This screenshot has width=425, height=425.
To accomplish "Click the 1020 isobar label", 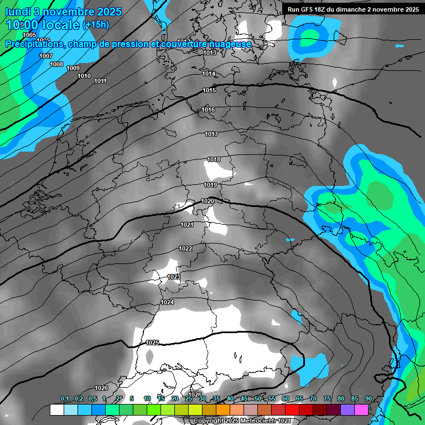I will (208, 201).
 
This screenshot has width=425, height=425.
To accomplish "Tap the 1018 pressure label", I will (214, 160).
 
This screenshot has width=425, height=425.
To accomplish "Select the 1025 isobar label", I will (153, 343).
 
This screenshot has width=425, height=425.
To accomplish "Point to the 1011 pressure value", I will (100, 81).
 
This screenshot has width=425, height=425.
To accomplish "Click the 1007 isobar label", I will (46, 56).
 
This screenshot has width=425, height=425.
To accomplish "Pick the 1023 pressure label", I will (174, 277).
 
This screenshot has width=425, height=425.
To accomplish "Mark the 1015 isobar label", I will (209, 90).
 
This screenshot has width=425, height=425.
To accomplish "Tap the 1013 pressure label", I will (209, 53).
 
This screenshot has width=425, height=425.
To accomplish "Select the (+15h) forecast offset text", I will (96, 25).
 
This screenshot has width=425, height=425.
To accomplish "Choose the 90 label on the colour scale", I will (368, 399).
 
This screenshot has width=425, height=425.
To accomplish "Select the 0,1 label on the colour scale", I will (65, 399).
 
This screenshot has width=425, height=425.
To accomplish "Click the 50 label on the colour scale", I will (258, 399).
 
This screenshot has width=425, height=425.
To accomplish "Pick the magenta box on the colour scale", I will (361, 410).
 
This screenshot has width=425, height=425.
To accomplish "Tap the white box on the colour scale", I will (56, 410).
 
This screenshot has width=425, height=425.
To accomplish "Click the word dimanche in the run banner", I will (361, 9).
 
